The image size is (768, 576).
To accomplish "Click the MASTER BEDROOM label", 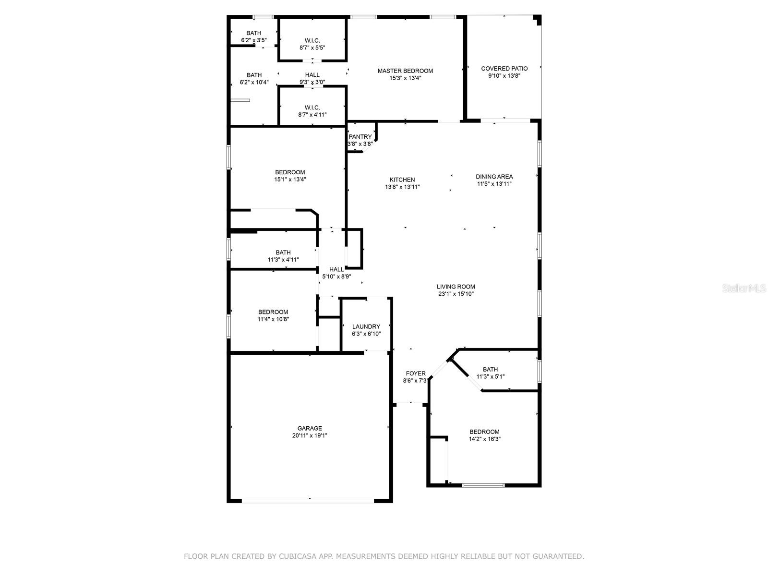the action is coord(405,71).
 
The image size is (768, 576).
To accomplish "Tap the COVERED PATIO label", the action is coord(504,69).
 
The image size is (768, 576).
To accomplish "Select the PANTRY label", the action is coord(360,137).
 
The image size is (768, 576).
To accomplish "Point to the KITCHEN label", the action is coord(402,180).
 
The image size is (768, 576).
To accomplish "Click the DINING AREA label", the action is coord(494,177).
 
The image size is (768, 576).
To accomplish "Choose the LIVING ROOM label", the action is coord(456,287).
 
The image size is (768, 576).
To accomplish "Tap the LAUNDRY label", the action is coord(366,327).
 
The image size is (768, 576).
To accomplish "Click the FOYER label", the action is coord(416,373).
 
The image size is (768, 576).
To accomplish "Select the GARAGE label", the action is coord(310,429).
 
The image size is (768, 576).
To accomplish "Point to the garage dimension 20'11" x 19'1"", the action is coord(310,435).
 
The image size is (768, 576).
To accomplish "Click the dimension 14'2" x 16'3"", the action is coord(485,439).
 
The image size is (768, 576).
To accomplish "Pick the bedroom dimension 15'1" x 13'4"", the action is coord(290,180).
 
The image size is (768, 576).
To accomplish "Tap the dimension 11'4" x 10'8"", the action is coord(273,319).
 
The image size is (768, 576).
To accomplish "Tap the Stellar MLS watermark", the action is coord(744,288).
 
